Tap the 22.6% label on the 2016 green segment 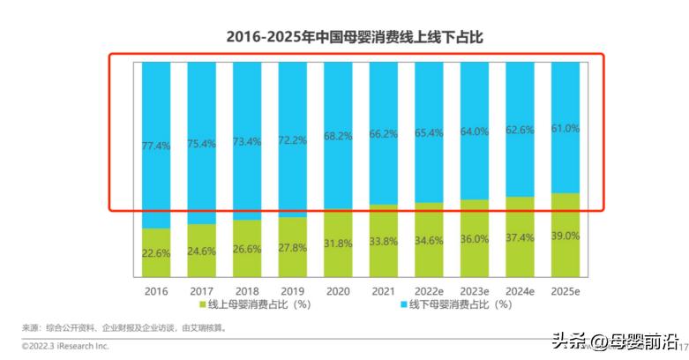(155, 251)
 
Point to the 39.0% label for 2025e (565, 236)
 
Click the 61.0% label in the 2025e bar (565, 129)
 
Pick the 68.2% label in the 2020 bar (337, 137)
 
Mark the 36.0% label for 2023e (474, 239)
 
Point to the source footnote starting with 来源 (123, 328)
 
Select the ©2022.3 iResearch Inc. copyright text (65, 347)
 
